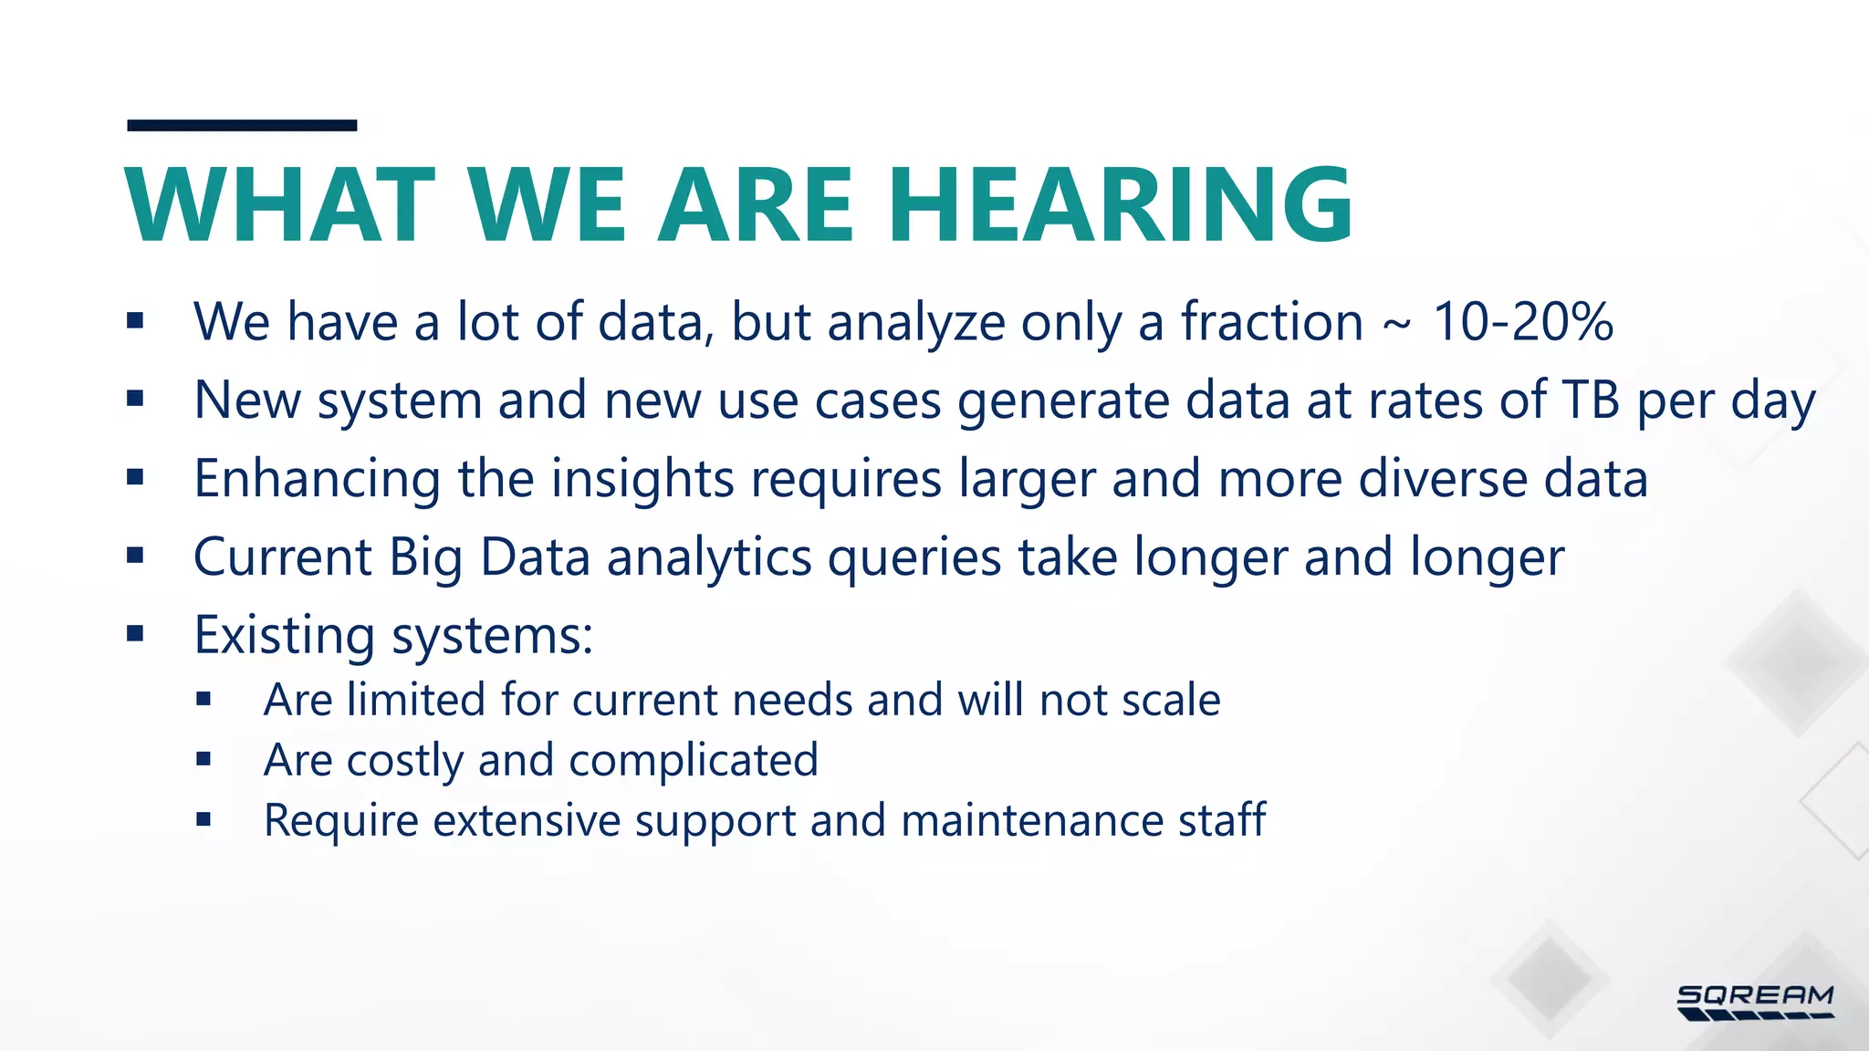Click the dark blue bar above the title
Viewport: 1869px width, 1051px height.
[x=242, y=125]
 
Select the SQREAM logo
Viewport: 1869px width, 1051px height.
[x=1755, y=1002]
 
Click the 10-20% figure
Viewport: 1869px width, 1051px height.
[x=1522, y=322]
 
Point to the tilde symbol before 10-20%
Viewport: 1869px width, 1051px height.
[x=1397, y=325]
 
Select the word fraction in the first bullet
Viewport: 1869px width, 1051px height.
[x=1271, y=322]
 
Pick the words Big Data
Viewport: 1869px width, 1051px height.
[x=489, y=557]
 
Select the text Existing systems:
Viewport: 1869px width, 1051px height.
[x=393, y=635]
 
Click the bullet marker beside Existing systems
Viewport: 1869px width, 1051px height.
[x=135, y=633]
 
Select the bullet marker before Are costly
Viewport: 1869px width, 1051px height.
[x=204, y=759]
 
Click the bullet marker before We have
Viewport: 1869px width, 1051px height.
[x=135, y=320]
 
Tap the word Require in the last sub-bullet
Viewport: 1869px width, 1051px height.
[x=340, y=820]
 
